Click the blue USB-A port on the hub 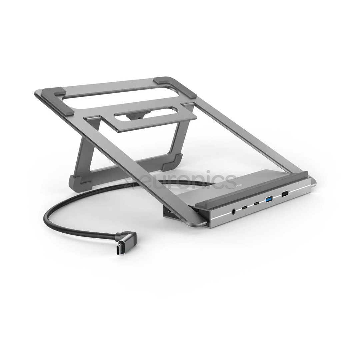(x=269, y=200)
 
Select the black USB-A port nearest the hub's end (x=285, y=194)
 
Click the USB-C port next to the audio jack (x=245, y=208)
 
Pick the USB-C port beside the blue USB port (x=256, y=204)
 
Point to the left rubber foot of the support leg (x=79, y=181)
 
